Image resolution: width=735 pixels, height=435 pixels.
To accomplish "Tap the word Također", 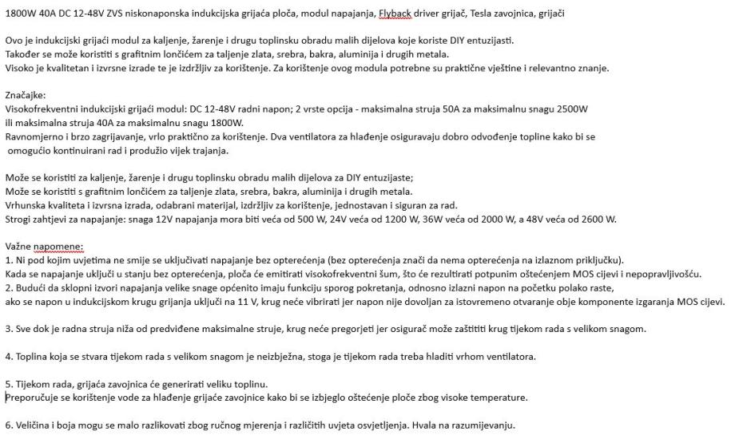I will pos(24,53).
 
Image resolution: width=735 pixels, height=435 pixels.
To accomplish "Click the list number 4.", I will pos(9,356).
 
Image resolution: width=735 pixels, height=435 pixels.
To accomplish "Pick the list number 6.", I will pos(9,425).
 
